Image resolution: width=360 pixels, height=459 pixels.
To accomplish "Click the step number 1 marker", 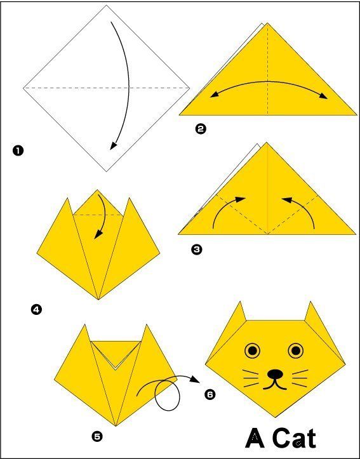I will coord(18,150).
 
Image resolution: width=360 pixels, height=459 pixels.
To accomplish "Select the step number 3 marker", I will coord(197,249).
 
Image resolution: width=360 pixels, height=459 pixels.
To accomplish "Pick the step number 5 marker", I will coord(97,436).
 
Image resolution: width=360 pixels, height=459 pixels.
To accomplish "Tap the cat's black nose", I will coord(274,374).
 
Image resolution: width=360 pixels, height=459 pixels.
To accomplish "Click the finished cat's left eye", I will coord(253,350).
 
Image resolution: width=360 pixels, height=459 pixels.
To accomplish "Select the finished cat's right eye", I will coord(295,350).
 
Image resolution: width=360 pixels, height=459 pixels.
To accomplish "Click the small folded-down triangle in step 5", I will coord(115,353).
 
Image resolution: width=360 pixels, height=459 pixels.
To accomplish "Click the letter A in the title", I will coord(255,438).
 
